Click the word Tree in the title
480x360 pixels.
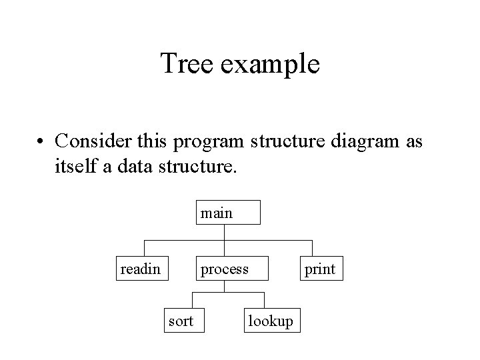coord(187,64)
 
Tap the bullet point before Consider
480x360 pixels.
coord(42,142)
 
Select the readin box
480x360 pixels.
coord(141,269)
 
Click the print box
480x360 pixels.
coord(320,269)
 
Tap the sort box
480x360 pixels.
coord(181,321)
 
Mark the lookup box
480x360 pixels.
coord(270,321)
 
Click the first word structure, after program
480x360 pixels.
coord(279,143)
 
